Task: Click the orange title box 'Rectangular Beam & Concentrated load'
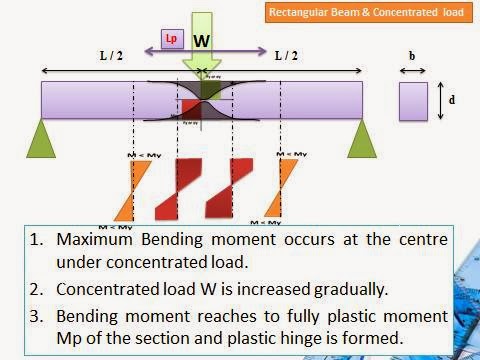pos(383,14)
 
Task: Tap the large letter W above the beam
pos(202,41)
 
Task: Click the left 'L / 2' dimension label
pos(110,59)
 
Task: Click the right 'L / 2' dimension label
pos(290,59)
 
